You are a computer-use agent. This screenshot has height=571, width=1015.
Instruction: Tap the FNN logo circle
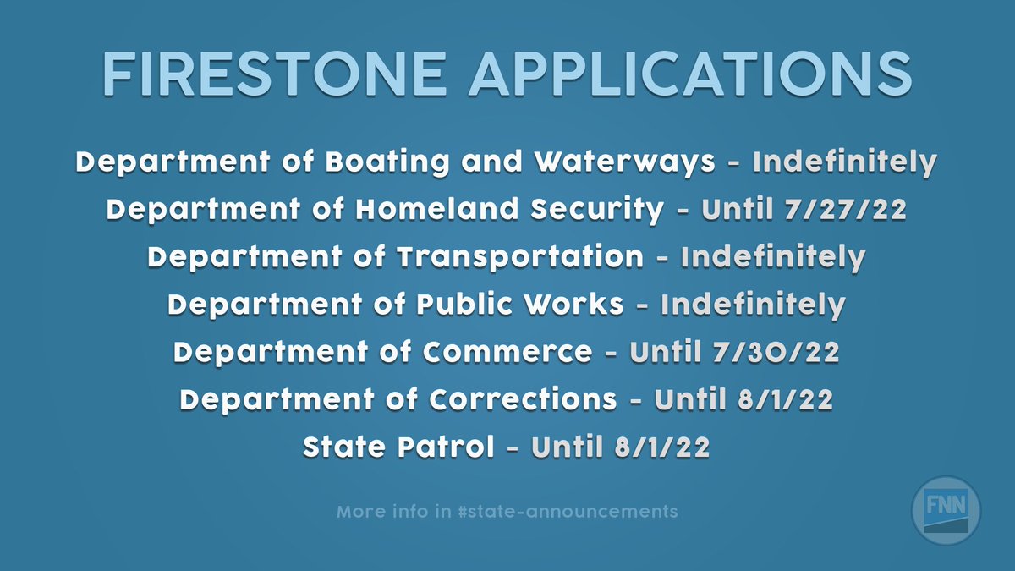coord(946,511)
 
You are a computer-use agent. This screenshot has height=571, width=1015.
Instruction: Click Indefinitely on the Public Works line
coord(753,305)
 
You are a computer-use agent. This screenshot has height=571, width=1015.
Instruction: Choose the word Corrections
coord(524,399)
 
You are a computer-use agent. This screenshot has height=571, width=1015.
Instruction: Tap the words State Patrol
coord(398,447)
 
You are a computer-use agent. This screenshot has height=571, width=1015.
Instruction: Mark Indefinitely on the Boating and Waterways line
coord(845,162)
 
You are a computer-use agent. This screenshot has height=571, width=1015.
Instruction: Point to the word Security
coord(594,210)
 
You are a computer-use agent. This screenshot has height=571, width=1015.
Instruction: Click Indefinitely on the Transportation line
coord(773,257)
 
